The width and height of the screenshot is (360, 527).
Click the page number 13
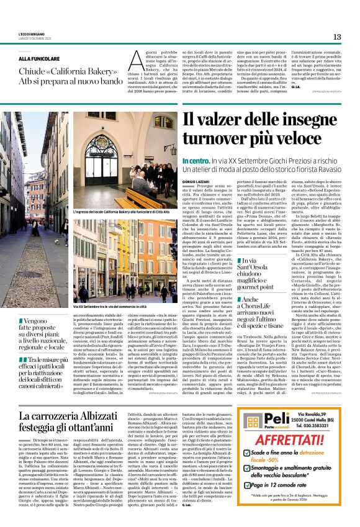(x=337, y=37)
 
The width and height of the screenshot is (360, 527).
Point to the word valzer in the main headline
(x=212, y=118)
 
